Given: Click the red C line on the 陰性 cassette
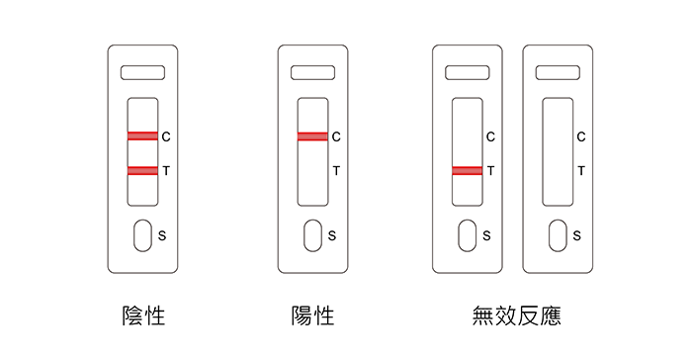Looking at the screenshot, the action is click(x=142, y=136).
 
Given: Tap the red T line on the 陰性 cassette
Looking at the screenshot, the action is click(x=142, y=170).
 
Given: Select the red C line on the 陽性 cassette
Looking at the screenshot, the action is click(x=312, y=136).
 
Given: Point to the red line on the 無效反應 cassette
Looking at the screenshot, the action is click(x=468, y=170).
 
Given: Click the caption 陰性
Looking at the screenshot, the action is click(x=143, y=315).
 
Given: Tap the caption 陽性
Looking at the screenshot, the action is click(x=313, y=315).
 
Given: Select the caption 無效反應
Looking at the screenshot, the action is click(x=516, y=315).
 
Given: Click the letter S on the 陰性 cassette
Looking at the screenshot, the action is click(x=162, y=235).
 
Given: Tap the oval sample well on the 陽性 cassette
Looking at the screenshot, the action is click(x=313, y=235).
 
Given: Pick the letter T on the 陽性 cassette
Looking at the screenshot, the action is click(x=336, y=170).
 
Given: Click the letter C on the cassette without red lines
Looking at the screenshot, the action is click(x=581, y=136).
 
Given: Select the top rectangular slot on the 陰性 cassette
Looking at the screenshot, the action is click(x=143, y=73).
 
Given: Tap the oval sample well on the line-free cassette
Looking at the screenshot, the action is click(x=558, y=235).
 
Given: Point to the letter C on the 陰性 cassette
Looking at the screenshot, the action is click(x=166, y=136).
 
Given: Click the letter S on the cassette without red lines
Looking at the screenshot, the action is click(x=576, y=235).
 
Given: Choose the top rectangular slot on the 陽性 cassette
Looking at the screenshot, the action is click(x=313, y=73).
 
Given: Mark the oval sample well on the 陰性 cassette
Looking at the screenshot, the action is click(x=143, y=235).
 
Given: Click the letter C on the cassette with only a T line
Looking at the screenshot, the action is click(x=490, y=136).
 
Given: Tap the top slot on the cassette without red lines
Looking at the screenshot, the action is click(x=558, y=73).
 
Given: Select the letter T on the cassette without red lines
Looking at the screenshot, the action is click(x=581, y=170).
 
